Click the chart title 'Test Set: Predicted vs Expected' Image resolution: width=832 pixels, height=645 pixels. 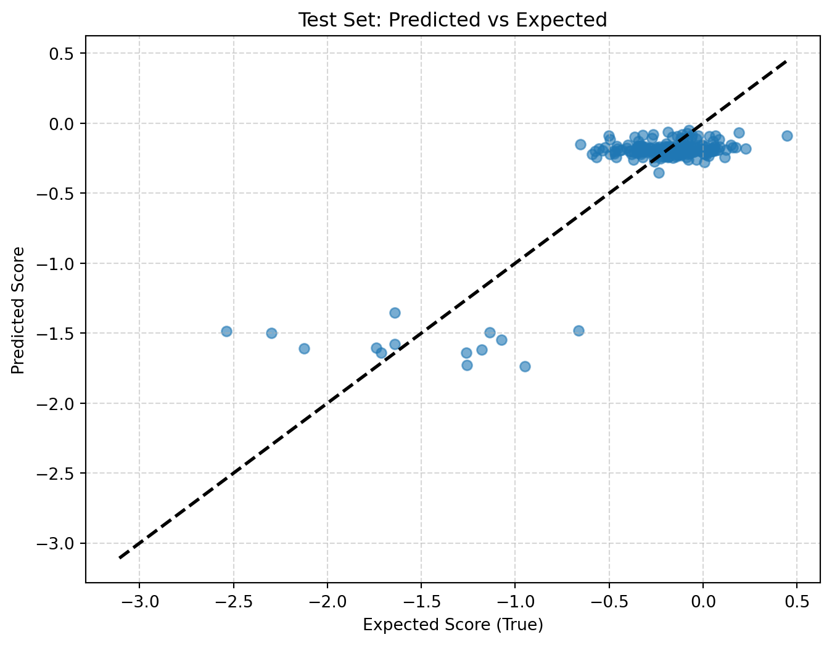(x=453, y=20)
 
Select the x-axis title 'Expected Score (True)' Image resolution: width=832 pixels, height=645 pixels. (x=453, y=625)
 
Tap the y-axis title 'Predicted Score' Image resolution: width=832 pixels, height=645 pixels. (x=18, y=310)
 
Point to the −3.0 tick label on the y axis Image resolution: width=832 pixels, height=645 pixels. (x=55, y=543)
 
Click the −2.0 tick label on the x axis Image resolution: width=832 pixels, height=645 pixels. (x=327, y=602)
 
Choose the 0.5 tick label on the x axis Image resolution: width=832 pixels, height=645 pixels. (x=797, y=602)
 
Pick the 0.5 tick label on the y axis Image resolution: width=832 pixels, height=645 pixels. (x=61, y=54)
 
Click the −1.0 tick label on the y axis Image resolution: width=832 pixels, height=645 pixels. (x=55, y=263)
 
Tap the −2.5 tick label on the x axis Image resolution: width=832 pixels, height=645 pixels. (x=234, y=602)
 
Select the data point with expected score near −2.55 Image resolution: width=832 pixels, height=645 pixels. (x=227, y=331)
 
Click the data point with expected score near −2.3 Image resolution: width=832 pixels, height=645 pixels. (x=271, y=333)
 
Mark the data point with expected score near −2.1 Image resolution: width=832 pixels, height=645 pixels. (x=305, y=349)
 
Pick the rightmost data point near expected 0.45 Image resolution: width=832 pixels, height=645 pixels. (x=787, y=136)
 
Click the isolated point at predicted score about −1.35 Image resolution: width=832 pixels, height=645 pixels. (x=395, y=313)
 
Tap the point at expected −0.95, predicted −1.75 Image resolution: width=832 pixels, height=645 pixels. (x=525, y=366)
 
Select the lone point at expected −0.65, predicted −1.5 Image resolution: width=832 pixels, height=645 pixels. (x=579, y=331)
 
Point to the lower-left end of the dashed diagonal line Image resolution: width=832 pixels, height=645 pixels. (x=120, y=557)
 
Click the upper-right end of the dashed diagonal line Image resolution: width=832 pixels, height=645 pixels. (x=787, y=61)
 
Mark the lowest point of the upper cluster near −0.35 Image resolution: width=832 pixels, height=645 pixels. (x=659, y=173)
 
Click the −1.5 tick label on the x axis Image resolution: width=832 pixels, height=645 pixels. (x=421, y=602)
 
